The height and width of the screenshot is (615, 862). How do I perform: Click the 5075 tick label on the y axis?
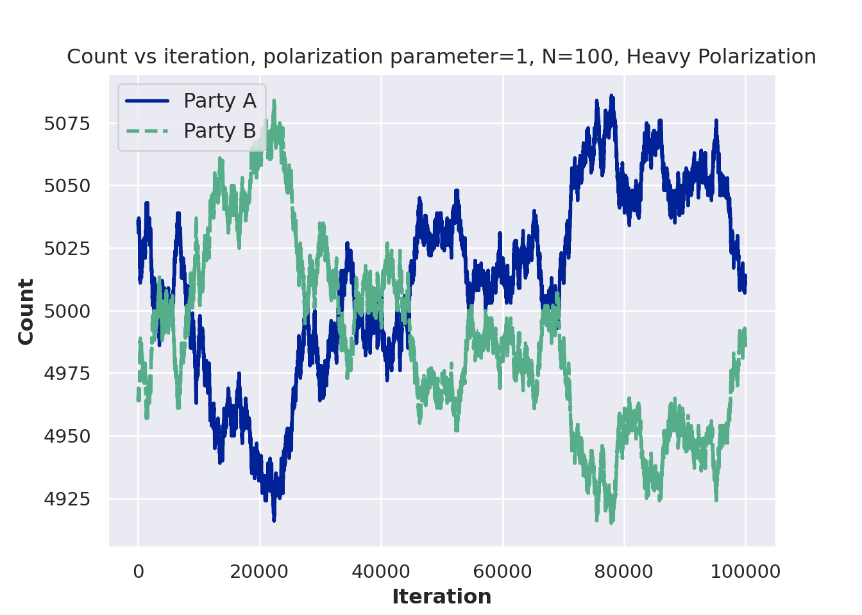click(67, 124)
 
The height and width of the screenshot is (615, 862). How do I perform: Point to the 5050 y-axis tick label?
click(67, 186)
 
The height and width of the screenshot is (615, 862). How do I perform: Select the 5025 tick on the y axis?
click(67, 249)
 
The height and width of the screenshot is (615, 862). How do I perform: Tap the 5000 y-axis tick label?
click(67, 311)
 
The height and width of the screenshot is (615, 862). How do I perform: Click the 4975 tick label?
click(67, 373)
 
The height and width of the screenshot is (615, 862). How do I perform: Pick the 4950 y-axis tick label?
click(67, 436)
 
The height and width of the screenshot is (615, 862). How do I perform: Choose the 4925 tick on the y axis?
click(67, 499)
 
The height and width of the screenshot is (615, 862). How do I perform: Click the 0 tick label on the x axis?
click(139, 571)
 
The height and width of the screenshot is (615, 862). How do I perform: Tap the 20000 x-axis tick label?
click(260, 571)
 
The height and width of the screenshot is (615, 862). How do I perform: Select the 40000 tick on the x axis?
click(381, 571)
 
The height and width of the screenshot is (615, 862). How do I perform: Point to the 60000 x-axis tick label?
click(503, 571)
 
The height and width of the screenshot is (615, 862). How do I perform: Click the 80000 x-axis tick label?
click(624, 571)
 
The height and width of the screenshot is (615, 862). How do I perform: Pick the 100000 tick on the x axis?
click(745, 571)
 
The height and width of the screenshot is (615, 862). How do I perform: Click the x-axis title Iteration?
click(442, 597)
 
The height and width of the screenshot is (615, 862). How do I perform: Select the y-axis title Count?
click(26, 311)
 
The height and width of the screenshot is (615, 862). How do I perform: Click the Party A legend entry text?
click(219, 101)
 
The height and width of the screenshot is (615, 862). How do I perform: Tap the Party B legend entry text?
click(219, 131)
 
